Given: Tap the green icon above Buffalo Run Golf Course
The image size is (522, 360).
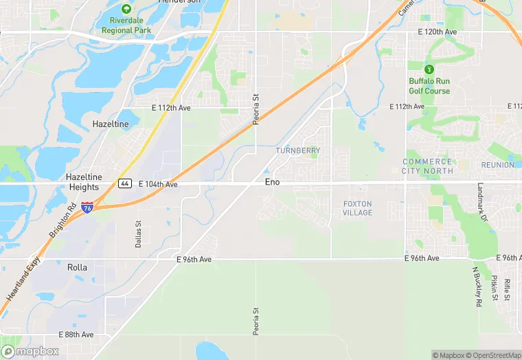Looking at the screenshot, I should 429,69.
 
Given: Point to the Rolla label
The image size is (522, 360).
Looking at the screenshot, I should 77,267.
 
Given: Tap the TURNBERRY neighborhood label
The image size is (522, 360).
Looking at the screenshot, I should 298,150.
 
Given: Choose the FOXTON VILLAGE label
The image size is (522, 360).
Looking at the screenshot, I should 357,208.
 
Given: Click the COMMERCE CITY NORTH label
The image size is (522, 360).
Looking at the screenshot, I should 427,166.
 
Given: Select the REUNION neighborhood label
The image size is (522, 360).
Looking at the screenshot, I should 497,165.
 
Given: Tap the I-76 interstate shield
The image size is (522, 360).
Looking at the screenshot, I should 87,205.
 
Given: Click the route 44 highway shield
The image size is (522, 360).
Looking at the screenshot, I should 124,183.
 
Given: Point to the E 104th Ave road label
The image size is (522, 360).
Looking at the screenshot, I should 158,184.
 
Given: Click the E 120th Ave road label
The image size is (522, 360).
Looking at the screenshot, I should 438,32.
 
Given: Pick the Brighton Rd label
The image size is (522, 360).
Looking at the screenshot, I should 63,221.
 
